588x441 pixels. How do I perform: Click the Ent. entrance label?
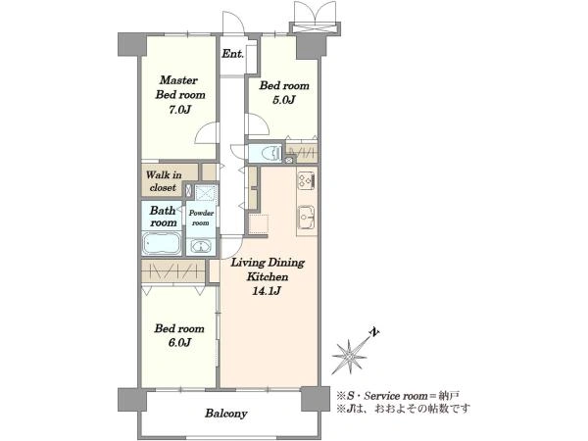point(232,54)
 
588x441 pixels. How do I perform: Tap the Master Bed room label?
point(180,87)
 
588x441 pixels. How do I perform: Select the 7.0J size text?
point(180,110)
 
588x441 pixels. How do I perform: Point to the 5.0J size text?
point(284,100)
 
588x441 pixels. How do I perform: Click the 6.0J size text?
point(179,342)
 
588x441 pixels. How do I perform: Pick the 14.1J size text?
point(267,291)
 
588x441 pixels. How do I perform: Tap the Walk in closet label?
point(164,181)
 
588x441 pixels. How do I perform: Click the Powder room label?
point(201,218)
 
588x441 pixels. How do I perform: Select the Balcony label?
point(226,414)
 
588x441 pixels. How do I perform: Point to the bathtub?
point(162,243)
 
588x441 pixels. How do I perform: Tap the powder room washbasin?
point(201,247)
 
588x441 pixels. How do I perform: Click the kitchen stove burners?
point(307,181)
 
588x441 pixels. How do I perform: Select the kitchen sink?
point(307,218)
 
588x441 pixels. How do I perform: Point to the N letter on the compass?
point(374,332)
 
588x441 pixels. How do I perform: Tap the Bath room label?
point(163,217)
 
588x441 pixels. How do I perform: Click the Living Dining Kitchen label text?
point(268,269)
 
